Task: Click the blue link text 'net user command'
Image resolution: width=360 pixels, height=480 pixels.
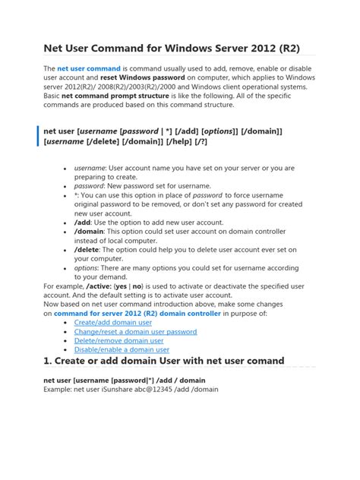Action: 89,68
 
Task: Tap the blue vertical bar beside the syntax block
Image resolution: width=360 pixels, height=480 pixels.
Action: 39,136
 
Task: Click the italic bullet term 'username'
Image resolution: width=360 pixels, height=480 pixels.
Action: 89,168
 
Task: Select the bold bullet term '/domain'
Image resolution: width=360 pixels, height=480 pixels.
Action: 90,231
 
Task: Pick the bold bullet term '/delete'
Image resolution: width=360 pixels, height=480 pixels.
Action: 88,249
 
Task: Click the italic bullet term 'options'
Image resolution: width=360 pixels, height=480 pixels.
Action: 87,268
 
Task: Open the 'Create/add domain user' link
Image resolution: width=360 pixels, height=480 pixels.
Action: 113,323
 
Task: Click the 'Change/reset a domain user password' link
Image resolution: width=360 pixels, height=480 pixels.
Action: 135,332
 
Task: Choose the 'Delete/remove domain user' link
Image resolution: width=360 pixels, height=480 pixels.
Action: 118,341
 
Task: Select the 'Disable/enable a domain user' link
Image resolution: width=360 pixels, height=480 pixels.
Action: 122,350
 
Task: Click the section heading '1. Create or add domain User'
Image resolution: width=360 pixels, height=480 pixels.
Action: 163,362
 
